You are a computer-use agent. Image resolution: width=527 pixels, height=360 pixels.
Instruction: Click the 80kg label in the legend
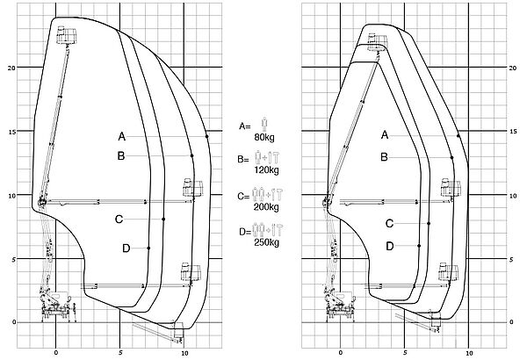(263, 139)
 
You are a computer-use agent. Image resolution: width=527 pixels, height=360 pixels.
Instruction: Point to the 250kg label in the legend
(265, 241)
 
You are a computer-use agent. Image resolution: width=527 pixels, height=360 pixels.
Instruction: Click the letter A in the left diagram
(122, 136)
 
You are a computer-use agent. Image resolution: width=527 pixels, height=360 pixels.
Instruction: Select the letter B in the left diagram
(122, 156)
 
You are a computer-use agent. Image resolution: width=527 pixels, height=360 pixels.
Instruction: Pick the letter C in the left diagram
(118, 219)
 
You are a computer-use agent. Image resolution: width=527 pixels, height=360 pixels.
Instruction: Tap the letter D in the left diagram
(126, 248)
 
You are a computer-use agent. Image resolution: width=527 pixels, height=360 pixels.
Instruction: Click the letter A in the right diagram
(385, 135)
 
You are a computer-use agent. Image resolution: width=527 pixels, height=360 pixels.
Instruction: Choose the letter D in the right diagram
(389, 246)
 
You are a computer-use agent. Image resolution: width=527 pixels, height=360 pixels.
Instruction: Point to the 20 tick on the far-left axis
(12, 68)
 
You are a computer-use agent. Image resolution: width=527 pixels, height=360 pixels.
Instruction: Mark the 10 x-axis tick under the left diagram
(184, 353)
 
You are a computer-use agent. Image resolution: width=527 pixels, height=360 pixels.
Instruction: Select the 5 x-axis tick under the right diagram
(405, 353)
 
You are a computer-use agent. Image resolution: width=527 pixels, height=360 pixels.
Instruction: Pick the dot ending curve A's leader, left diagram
(206, 137)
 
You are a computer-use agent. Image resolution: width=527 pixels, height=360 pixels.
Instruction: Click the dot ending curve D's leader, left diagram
(149, 248)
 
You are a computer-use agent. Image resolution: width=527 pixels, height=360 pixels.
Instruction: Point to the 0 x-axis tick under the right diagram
(340, 353)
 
